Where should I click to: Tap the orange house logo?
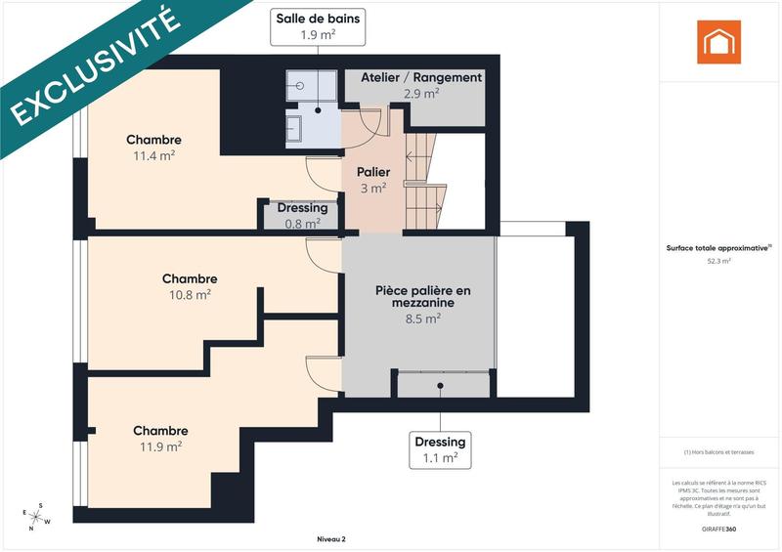click(718, 42)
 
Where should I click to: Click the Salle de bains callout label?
click(318, 25)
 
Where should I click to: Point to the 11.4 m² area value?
click(153, 155)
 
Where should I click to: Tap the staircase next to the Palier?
click(425, 186)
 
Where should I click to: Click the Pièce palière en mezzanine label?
click(423, 297)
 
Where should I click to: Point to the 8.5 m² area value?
click(423, 318)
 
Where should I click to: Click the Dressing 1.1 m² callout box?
click(440, 449)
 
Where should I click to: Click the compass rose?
click(37, 515)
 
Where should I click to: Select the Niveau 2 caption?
click(330, 538)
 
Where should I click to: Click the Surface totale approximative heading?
click(718, 248)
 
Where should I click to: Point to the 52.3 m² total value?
click(718, 262)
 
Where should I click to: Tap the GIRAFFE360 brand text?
click(718, 528)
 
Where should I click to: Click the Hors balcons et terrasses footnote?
click(718, 452)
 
